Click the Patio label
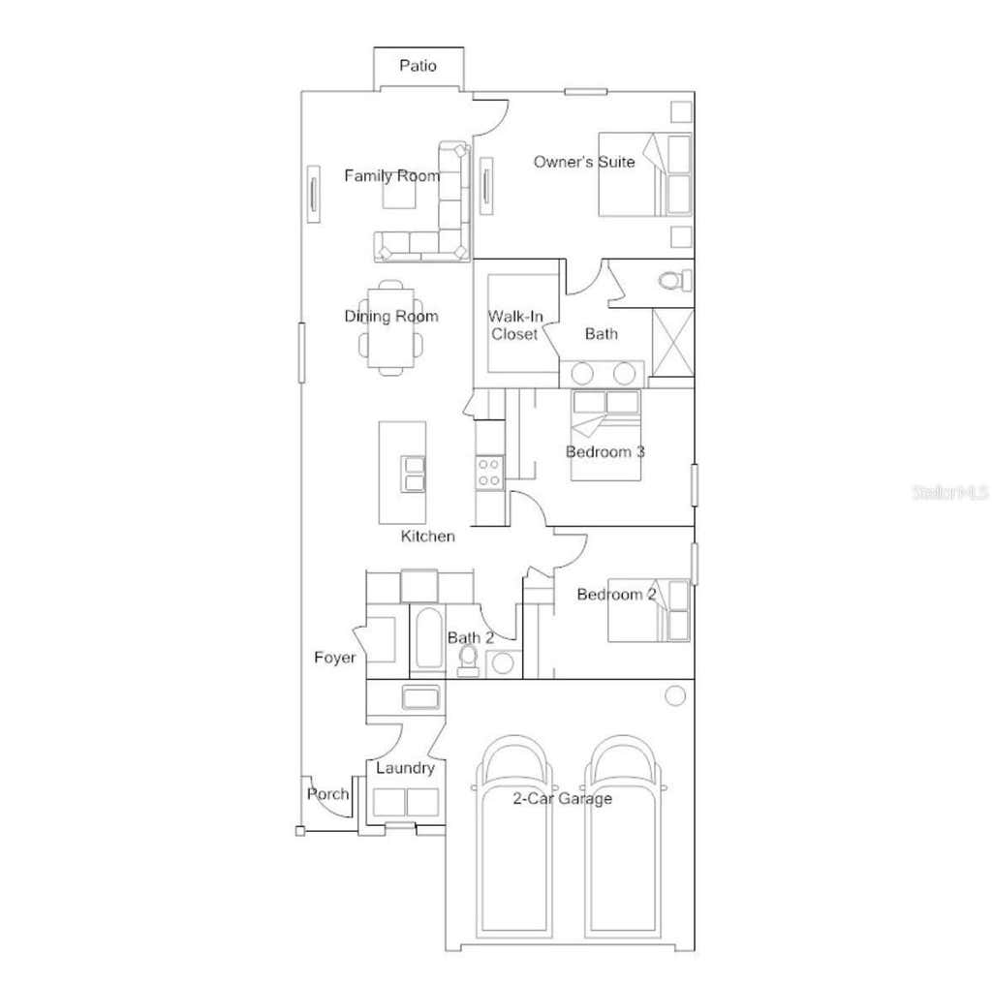point(418,65)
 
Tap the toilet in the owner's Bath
point(675,280)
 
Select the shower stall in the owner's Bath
point(672,342)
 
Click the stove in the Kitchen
point(489,473)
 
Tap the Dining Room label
point(391,316)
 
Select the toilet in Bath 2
point(468,661)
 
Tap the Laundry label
point(405,768)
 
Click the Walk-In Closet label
point(515,325)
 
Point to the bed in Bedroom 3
point(605,435)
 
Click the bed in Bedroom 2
point(649,610)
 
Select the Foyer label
point(334,658)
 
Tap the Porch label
point(327,794)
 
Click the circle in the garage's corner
point(675,696)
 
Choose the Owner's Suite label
point(584,162)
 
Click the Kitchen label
point(427,537)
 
